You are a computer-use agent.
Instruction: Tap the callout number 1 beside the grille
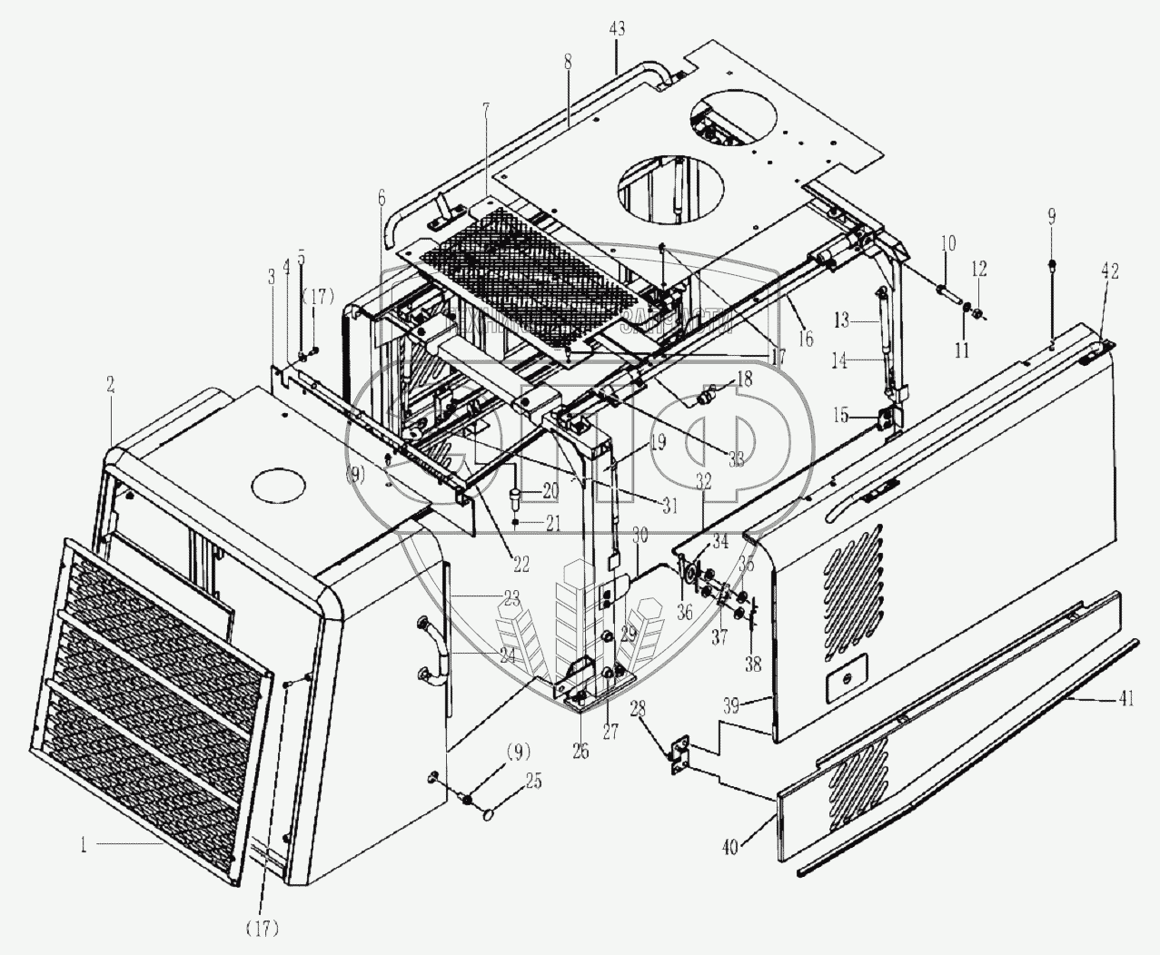pos(82,845)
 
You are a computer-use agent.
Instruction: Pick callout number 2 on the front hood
pos(111,385)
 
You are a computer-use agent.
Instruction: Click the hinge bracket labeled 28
pos(678,758)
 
